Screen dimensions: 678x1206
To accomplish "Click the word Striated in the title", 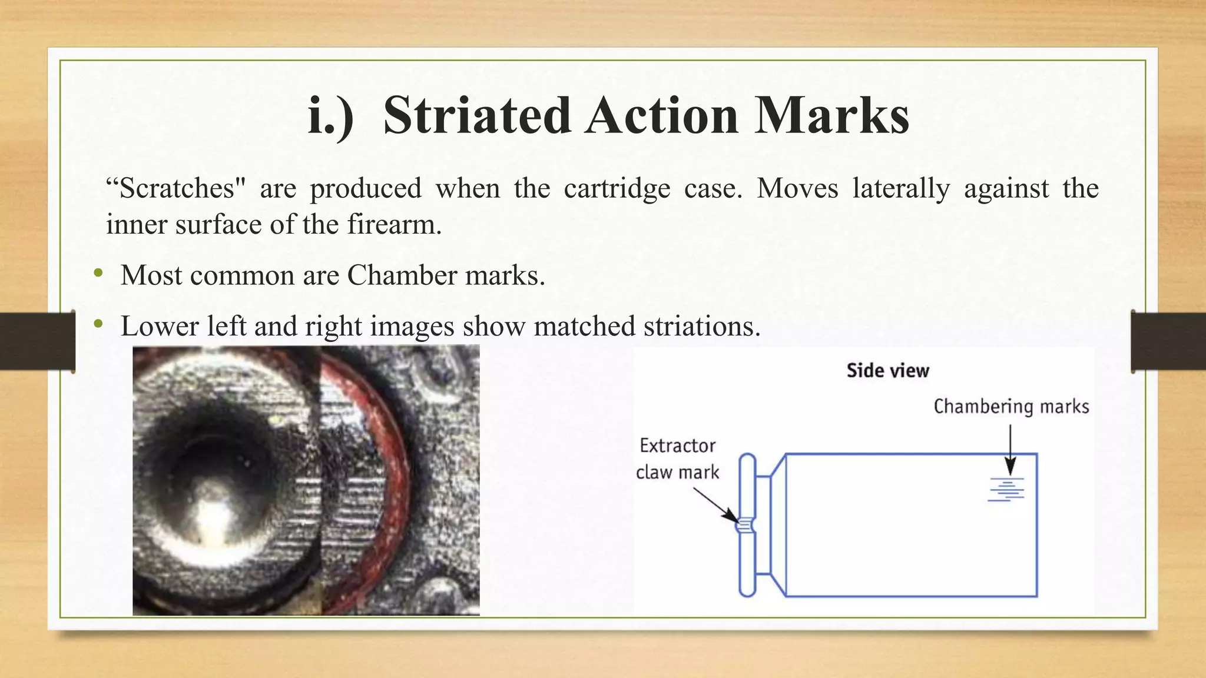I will [x=477, y=115].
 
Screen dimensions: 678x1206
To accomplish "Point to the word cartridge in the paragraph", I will [x=617, y=189].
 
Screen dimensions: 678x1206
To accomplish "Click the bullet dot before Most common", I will [x=98, y=273].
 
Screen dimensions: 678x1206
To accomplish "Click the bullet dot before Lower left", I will [x=98, y=324].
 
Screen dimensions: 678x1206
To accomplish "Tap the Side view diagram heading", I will [x=887, y=371].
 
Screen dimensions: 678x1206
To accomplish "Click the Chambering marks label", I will [x=1011, y=407].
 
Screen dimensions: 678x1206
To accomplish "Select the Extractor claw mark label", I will [x=678, y=459].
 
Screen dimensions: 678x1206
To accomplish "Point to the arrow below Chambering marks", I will [x=1010, y=450].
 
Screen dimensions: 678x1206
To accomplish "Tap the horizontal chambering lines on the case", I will [x=1006, y=490].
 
